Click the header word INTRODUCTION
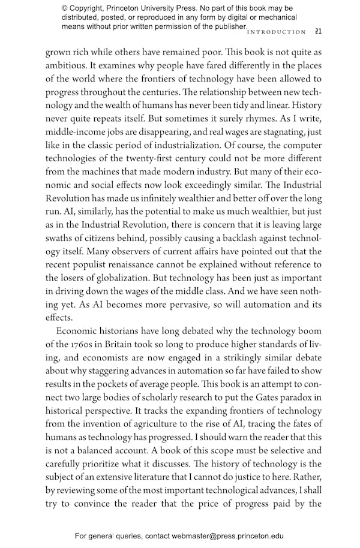(277, 31)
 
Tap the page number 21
(319, 31)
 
